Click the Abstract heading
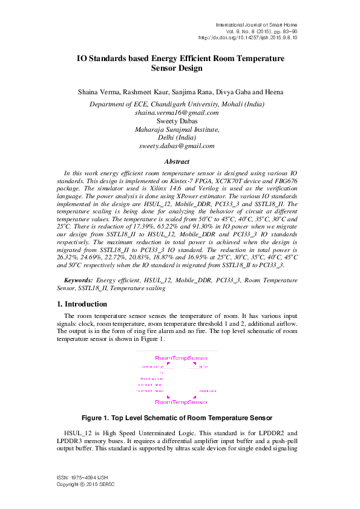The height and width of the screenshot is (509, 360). coord(177,161)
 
